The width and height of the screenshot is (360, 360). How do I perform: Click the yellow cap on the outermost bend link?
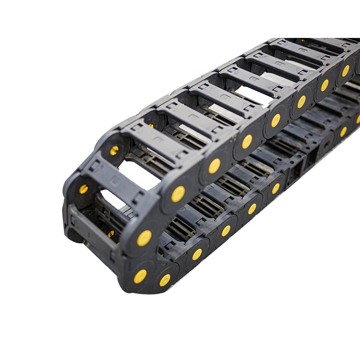coord(144,238)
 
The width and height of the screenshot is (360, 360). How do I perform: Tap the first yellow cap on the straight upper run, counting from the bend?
coord(178,194)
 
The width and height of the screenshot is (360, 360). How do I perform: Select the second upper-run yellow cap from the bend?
coord(214,166)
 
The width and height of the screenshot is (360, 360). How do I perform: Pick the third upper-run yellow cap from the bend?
coord(247,142)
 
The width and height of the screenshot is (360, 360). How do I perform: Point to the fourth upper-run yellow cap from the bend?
coord(276,120)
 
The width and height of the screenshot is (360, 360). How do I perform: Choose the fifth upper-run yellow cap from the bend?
coord(301,102)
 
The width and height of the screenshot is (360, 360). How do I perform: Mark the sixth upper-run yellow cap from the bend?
coord(325,85)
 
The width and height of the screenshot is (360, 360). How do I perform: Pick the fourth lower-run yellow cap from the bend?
coord(226,230)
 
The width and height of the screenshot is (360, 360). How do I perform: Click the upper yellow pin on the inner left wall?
coord(114,150)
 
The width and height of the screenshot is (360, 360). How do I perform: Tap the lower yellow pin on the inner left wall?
coord(83,189)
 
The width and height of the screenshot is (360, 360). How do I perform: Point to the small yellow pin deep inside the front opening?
coord(111,234)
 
